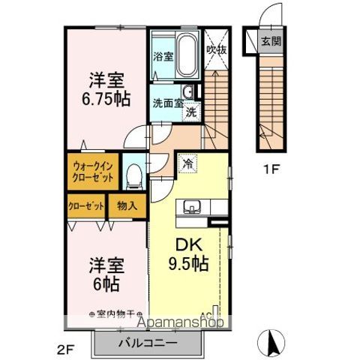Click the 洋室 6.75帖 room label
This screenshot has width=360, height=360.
pyautogui.click(x=106, y=89)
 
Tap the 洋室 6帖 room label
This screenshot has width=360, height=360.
pyautogui.click(x=106, y=274)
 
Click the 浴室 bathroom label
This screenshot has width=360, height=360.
pyautogui.click(x=163, y=56)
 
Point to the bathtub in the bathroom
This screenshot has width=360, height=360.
pyautogui.click(x=186, y=54)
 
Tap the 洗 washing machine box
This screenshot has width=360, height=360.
pyautogui.click(x=191, y=112)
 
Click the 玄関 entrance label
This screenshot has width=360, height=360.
pyautogui.click(x=271, y=41)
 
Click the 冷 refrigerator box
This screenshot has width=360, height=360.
pyautogui.click(x=187, y=160)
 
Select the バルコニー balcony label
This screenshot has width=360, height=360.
pyautogui.click(x=148, y=343)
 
